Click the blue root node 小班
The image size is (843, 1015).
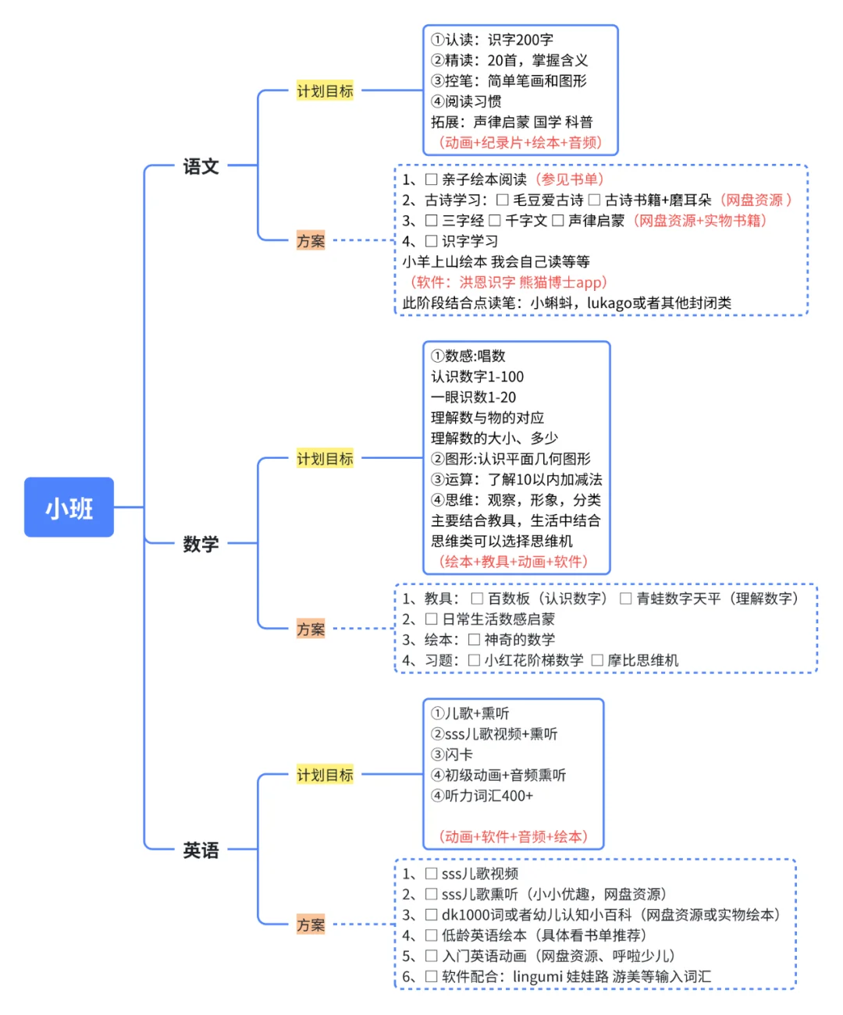click(69, 508)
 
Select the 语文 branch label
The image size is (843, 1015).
click(201, 166)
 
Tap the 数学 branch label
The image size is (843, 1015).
click(201, 544)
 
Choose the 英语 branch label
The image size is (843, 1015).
click(201, 850)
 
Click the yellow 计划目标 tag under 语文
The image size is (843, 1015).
click(325, 91)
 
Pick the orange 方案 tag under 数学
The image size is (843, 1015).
click(311, 629)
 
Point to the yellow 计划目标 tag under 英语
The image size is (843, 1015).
click(325, 775)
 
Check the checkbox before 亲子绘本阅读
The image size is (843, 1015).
click(431, 179)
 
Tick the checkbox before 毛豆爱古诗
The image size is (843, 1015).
click(503, 201)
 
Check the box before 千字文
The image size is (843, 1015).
click(495, 221)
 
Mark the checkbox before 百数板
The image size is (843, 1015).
click(477, 599)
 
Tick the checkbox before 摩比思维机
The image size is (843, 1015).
click(597, 661)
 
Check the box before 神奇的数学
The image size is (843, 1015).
click(474, 641)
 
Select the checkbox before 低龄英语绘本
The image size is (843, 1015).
click(431, 935)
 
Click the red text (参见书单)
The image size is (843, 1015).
click(570, 179)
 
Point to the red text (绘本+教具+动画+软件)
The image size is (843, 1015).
click(513, 562)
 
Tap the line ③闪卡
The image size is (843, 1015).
click(452, 754)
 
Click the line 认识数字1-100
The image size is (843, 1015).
click(477, 377)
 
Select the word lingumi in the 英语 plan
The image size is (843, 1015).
click(537, 977)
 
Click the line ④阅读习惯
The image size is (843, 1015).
click(466, 101)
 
